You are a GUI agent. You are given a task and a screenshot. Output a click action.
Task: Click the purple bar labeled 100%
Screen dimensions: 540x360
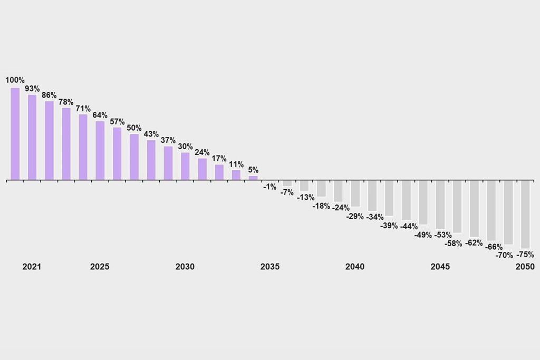click(15, 134)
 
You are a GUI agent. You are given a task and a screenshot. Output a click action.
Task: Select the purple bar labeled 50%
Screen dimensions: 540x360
click(134, 157)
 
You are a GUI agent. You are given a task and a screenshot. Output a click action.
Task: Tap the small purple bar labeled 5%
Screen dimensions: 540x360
click(253, 178)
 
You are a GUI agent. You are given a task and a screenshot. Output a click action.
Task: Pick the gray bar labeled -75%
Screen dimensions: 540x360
click(525, 215)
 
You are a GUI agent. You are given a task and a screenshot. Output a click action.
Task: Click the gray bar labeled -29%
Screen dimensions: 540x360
click(355, 193)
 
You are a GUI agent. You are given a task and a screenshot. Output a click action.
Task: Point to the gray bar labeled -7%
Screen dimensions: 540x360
click(287, 183)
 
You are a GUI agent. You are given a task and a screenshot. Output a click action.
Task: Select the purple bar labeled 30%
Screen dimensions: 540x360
click(185, 166)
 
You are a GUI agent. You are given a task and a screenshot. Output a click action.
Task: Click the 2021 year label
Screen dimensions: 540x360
click(32, 267)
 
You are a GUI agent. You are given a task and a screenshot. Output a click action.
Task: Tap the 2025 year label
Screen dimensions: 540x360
click(100, 267)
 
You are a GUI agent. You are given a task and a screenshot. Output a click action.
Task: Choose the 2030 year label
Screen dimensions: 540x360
click(185, 267)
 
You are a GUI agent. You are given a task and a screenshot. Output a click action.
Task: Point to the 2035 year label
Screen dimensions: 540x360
click(270, 267)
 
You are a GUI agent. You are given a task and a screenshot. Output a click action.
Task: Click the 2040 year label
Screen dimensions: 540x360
click(355, 267)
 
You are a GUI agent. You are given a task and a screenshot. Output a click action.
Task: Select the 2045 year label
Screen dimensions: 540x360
click(440, 267)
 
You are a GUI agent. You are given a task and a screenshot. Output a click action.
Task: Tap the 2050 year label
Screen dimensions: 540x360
click(525, 267)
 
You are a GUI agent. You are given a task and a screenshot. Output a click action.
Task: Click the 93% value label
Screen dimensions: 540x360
click(32, 89)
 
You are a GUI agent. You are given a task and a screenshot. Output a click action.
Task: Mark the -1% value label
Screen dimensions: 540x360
click(270, 187)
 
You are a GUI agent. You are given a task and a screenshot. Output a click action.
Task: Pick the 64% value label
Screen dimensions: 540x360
click(100, 115)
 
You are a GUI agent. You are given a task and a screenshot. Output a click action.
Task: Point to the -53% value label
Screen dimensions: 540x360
click(443, 235)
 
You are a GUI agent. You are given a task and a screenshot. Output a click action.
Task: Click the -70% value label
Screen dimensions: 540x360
click(504, 255)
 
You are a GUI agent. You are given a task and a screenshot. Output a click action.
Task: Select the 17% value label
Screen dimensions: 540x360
click(219, 159)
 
